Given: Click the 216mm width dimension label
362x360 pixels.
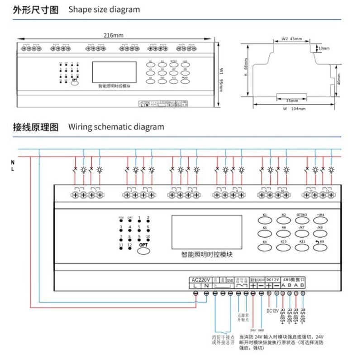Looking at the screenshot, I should [x=113, y=35].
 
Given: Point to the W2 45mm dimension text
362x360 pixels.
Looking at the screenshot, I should [x=291, y=39].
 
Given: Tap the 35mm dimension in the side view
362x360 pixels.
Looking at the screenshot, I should [x=291, y=100].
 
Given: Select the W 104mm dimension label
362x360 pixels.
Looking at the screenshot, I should [x=294, y=109].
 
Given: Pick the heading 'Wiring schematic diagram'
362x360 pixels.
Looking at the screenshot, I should [x=116, y=127].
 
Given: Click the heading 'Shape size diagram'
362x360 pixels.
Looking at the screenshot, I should [x=104, y=9].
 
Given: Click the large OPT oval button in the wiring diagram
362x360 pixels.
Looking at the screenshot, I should [x=143, y=249].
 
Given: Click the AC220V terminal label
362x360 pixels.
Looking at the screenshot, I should [x=200, y=279].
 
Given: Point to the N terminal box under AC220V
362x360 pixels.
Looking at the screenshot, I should [x=206, y=286].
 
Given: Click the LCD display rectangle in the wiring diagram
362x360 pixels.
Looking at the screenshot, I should [x=206, y=232].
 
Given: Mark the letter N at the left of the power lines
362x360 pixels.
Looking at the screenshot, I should [x=13, y=162].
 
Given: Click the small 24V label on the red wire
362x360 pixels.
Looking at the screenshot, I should [x=253, y=330].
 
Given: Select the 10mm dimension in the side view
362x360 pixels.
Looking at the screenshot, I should [x=324, y=48].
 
